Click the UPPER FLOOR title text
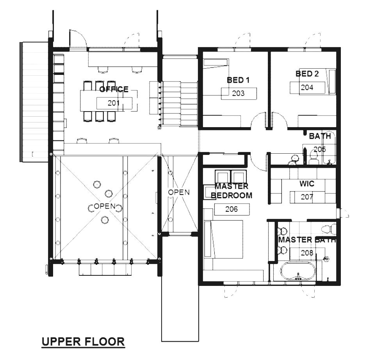coord(83,342)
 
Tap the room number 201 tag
coord(114,103)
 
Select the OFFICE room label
coord(114,89)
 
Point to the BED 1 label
coord(238,80)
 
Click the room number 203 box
coord(238,94)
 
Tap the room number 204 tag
coord(307,88)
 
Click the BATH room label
coord(320,136)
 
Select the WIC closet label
coord(307,183)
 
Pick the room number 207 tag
coord(307,197)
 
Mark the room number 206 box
coord(232,209)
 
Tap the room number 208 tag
coord(307,253)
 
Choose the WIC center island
coord(307,197)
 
